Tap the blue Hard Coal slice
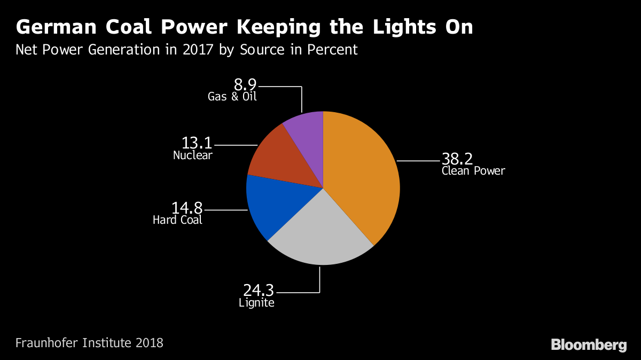click(x=275, y=206)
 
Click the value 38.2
click(x=457, y=159)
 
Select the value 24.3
click(x=259, y=291)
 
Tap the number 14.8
click(x=187, y=208)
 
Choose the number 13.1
click(x=197, y=144)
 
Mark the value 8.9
click(x=245, y=84)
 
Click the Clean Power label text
click(x=473, y=171)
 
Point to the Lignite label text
click(x=256, y=303)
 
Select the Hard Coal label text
click(x=177, y=220)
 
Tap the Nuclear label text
click(x=193, y=155)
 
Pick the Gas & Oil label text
click(x=233, y=97)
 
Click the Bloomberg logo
click(x=589, y=345)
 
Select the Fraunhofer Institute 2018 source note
click(x=89, y=342)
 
